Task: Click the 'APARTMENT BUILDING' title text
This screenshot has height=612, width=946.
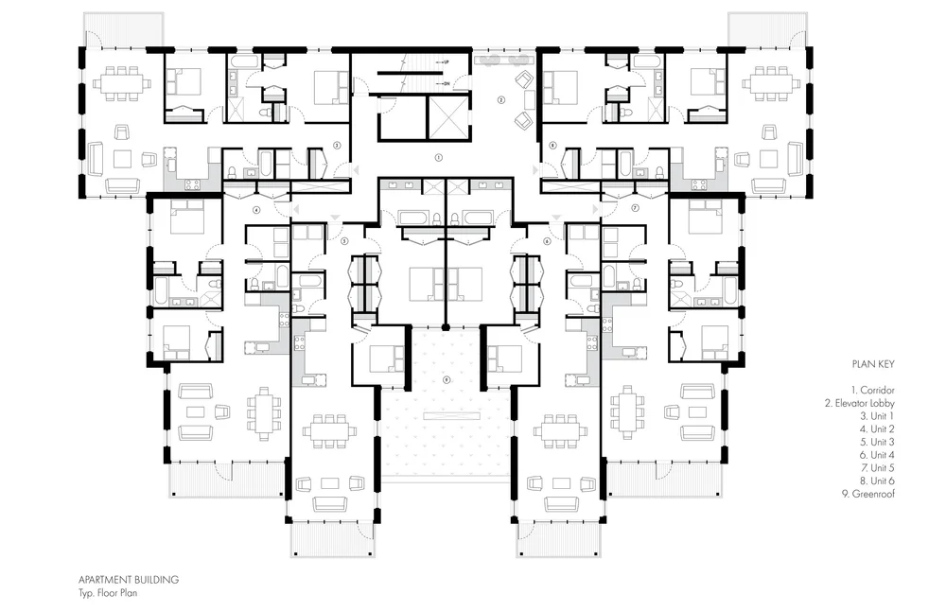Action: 130,578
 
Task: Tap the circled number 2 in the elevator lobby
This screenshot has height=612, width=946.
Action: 501,98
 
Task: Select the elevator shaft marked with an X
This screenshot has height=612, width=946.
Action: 448,117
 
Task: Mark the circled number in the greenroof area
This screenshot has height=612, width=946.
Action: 446,379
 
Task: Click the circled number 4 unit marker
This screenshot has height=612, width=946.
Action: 256,209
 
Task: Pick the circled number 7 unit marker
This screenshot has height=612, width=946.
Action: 635,206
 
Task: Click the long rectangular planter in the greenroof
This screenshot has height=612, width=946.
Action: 446,415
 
